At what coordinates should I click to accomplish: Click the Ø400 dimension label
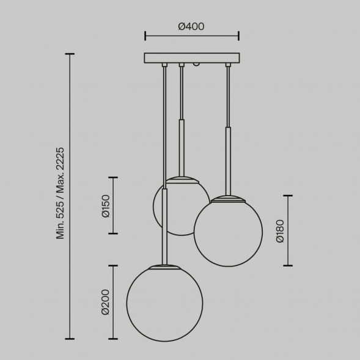point(191,26)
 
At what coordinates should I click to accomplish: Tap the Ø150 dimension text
point(105,205)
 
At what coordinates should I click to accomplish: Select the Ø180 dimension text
point(280,230)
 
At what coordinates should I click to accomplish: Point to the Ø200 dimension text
point(105,302)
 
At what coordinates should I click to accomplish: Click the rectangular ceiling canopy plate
point(191,58)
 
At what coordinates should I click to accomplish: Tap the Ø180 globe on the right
point(228,232)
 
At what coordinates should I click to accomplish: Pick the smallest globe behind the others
point(177,214)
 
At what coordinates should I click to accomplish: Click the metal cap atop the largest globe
point(164,266)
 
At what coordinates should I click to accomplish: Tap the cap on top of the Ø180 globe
point(228,198)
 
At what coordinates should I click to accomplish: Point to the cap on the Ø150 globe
point(182,179)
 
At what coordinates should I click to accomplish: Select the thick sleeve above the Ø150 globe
point(182,147)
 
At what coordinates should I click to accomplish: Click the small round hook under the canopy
point(196,64)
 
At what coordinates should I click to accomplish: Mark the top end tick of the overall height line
point(70,54)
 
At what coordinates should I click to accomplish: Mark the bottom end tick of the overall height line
point(70,339)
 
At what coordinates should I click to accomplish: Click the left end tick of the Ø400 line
point(145,36)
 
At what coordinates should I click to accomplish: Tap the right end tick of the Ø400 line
point(238,36)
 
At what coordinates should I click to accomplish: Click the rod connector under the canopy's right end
point(228,64)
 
